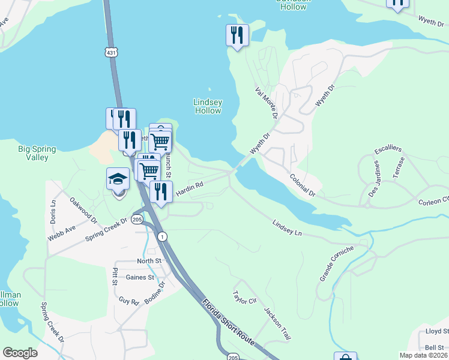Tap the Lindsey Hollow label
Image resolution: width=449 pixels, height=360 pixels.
(208, 106)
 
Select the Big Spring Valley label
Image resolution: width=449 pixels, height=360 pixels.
(37, 153)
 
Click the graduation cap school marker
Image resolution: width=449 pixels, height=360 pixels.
(118, 179)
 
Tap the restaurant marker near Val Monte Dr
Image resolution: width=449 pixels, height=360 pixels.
(237, 35)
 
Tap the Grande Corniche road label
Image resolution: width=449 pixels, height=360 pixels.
(337, 263)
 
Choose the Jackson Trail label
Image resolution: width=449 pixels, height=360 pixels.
(277, 325)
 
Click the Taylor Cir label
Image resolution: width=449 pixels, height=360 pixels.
(244, 298)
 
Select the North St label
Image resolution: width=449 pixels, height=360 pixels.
(149, 261)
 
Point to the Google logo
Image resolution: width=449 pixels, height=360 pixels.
(20, 353)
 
